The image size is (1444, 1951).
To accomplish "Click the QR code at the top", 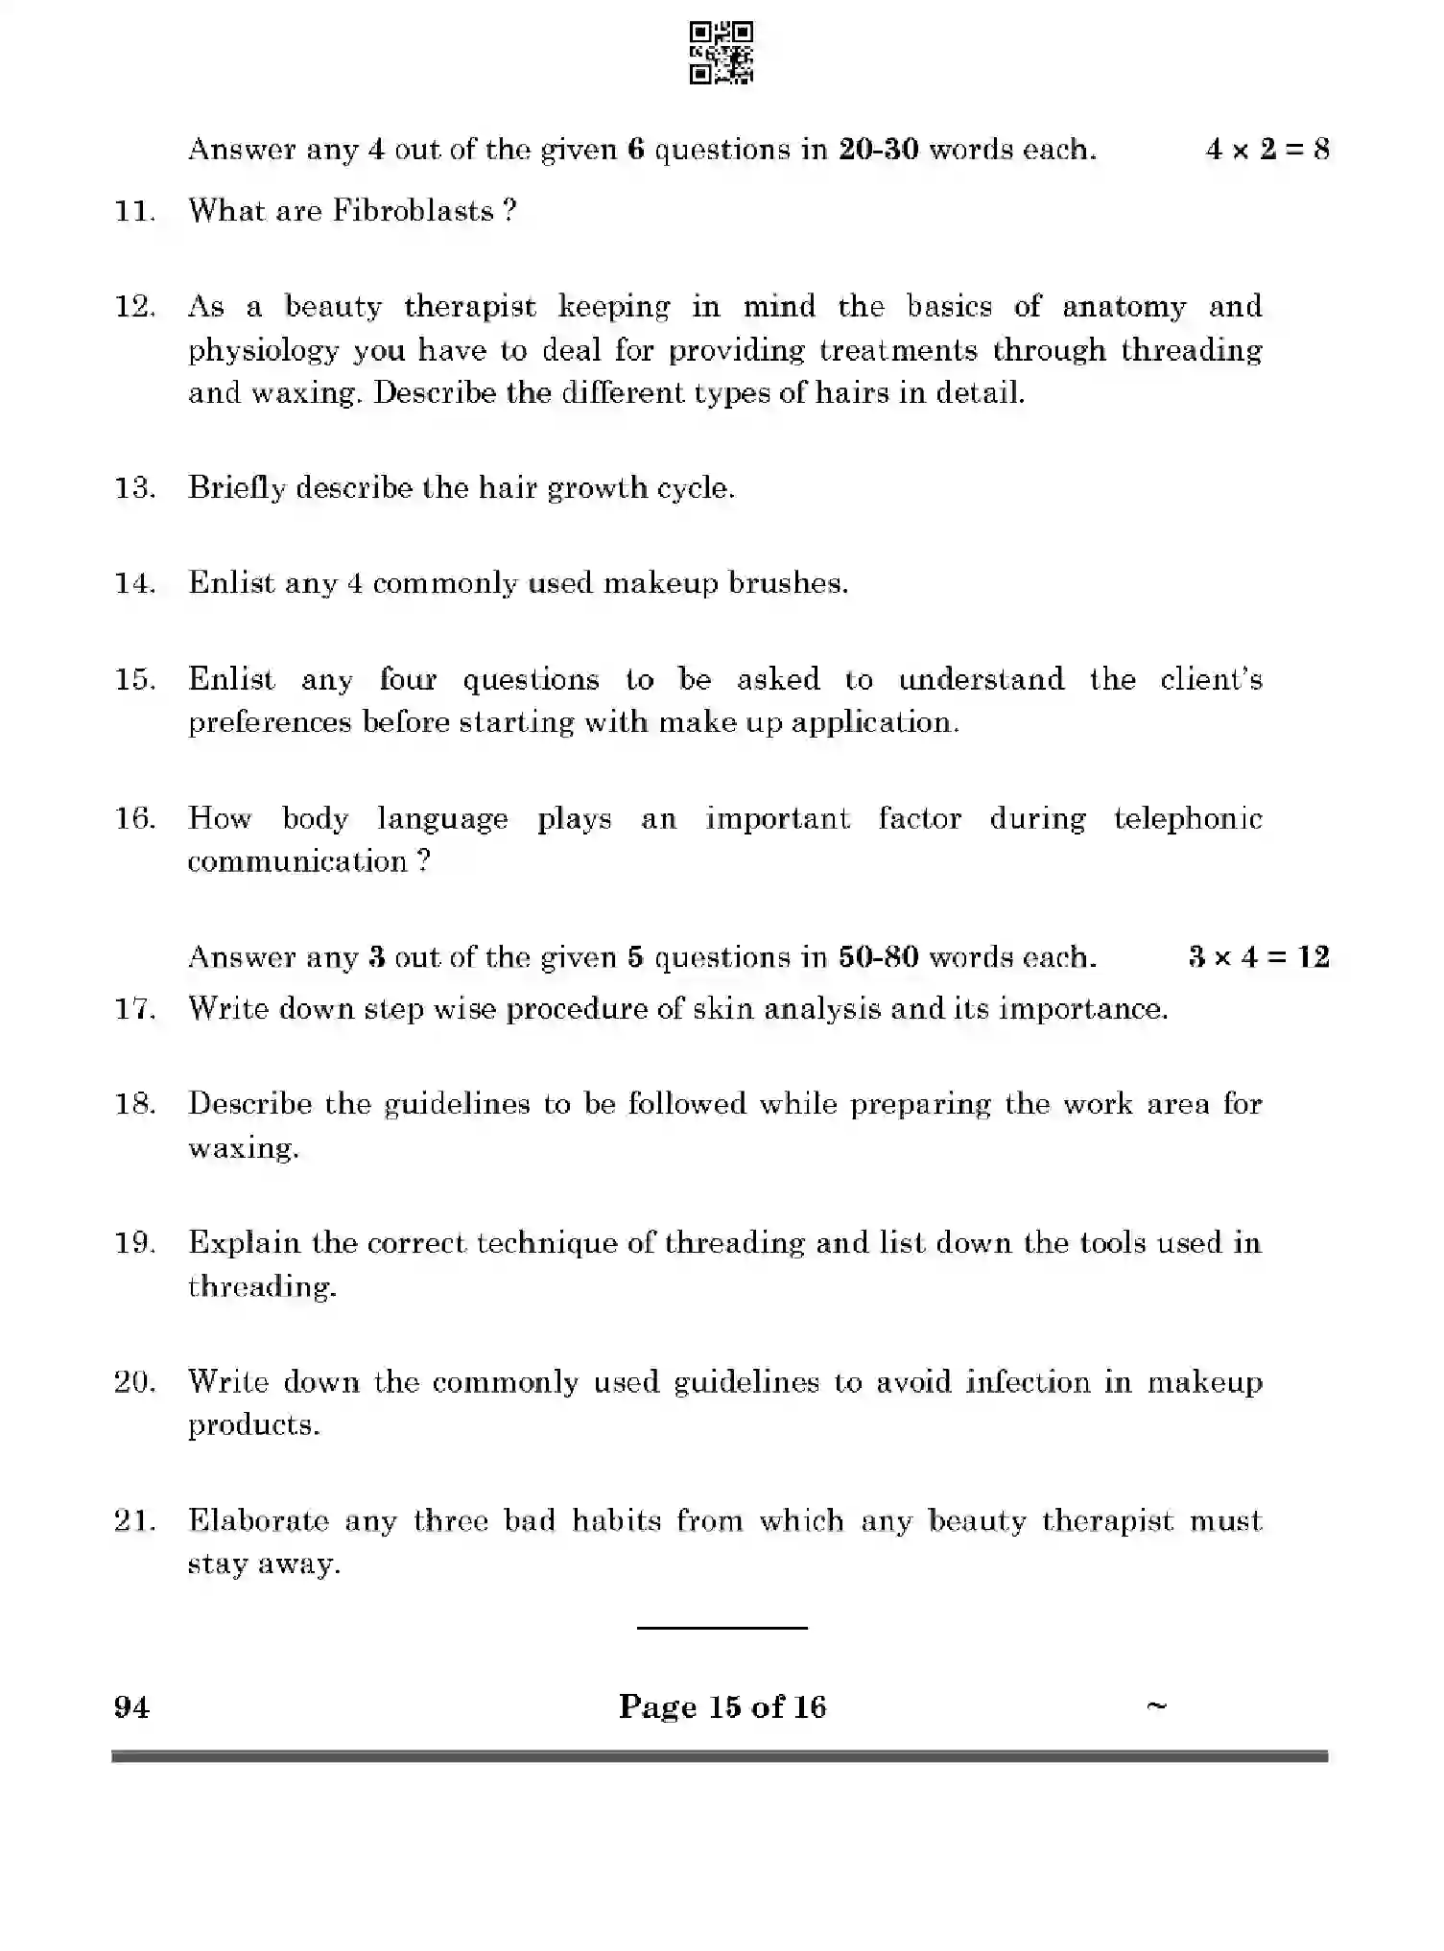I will pos(721,53).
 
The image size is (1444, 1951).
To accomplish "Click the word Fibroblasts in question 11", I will pos(413,210).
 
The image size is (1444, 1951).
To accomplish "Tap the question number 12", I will pos(134,307).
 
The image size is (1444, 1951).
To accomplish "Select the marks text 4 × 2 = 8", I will pos(1266,150).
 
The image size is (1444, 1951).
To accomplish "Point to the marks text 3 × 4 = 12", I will pos(1258,956).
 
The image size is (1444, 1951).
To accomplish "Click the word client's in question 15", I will pos(1211,679).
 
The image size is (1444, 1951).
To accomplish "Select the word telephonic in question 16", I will pos(1188,818).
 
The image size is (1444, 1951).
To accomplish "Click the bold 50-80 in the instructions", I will pos(878,957).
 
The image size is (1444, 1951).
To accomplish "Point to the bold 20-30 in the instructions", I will pos(878,150).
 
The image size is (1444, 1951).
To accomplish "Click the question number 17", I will pos(134,1009).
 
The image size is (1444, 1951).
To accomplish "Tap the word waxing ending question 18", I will pos(243,1148).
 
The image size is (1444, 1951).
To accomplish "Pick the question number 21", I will pos(134,1521).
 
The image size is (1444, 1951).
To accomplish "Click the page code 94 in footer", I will pos(131,1707).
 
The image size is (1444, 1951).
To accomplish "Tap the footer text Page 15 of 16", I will pos(722,1707).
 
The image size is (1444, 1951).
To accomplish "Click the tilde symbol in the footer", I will pos(1156,1704).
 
